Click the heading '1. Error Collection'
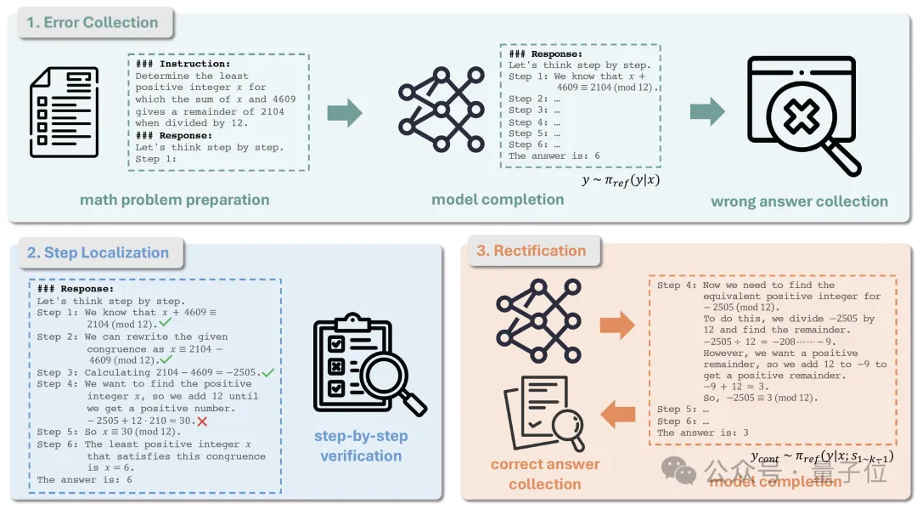[x=93, y=23]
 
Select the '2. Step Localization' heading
[x=98, y=252]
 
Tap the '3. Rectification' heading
[x=531, y=251]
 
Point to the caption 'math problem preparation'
[x=174, y=201]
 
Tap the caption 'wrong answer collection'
[x=799, y=201]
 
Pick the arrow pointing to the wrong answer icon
[x=706, y=111]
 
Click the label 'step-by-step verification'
[x=361, y=446]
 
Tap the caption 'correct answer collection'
[x=545, y=474]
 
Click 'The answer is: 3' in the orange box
[x=702, y=433]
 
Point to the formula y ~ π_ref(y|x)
[x=622, y=179]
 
